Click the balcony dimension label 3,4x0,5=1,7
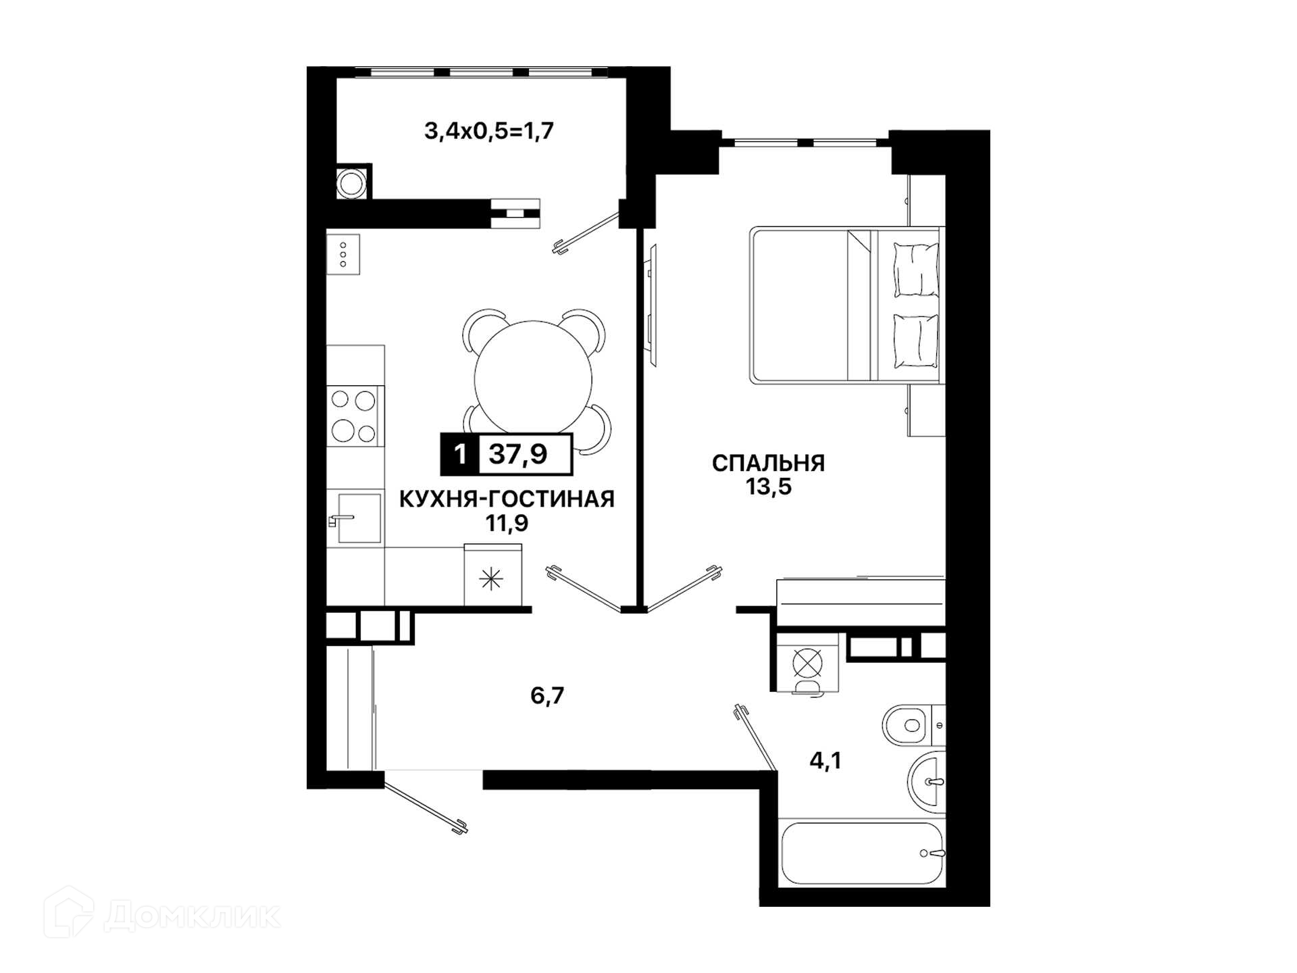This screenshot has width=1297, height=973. (489, 130)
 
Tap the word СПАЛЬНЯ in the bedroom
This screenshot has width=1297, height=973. (769, 463)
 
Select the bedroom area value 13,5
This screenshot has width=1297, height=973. (769, 487)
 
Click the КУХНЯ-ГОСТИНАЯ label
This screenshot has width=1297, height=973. (507, 499)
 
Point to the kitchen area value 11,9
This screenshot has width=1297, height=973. (507, 523)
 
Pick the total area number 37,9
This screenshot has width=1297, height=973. (518, 453)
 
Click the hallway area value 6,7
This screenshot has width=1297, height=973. (547, 695)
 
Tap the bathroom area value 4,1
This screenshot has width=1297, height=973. (825, 761)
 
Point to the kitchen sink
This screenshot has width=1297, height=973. (356, 518)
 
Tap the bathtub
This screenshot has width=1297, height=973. (862, 853)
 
